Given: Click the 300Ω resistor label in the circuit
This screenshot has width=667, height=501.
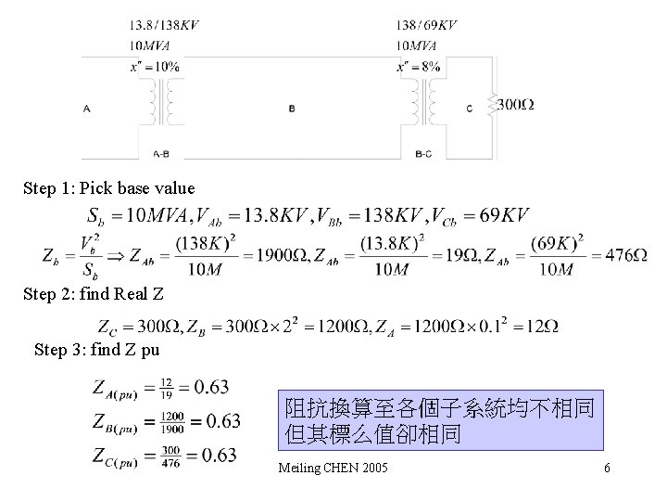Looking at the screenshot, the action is click(515, 104).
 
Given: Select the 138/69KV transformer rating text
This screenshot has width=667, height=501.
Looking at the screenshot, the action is click(426, 26).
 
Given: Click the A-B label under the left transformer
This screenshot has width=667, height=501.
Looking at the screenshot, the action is click(160, 154).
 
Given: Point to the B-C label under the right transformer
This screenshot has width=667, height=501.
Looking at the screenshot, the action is click(423, 154).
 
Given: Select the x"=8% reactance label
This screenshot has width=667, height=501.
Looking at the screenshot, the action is click(418, 66).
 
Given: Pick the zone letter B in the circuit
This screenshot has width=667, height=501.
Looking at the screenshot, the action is click(292, 109).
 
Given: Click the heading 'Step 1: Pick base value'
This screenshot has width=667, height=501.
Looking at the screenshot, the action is click(109, 188).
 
